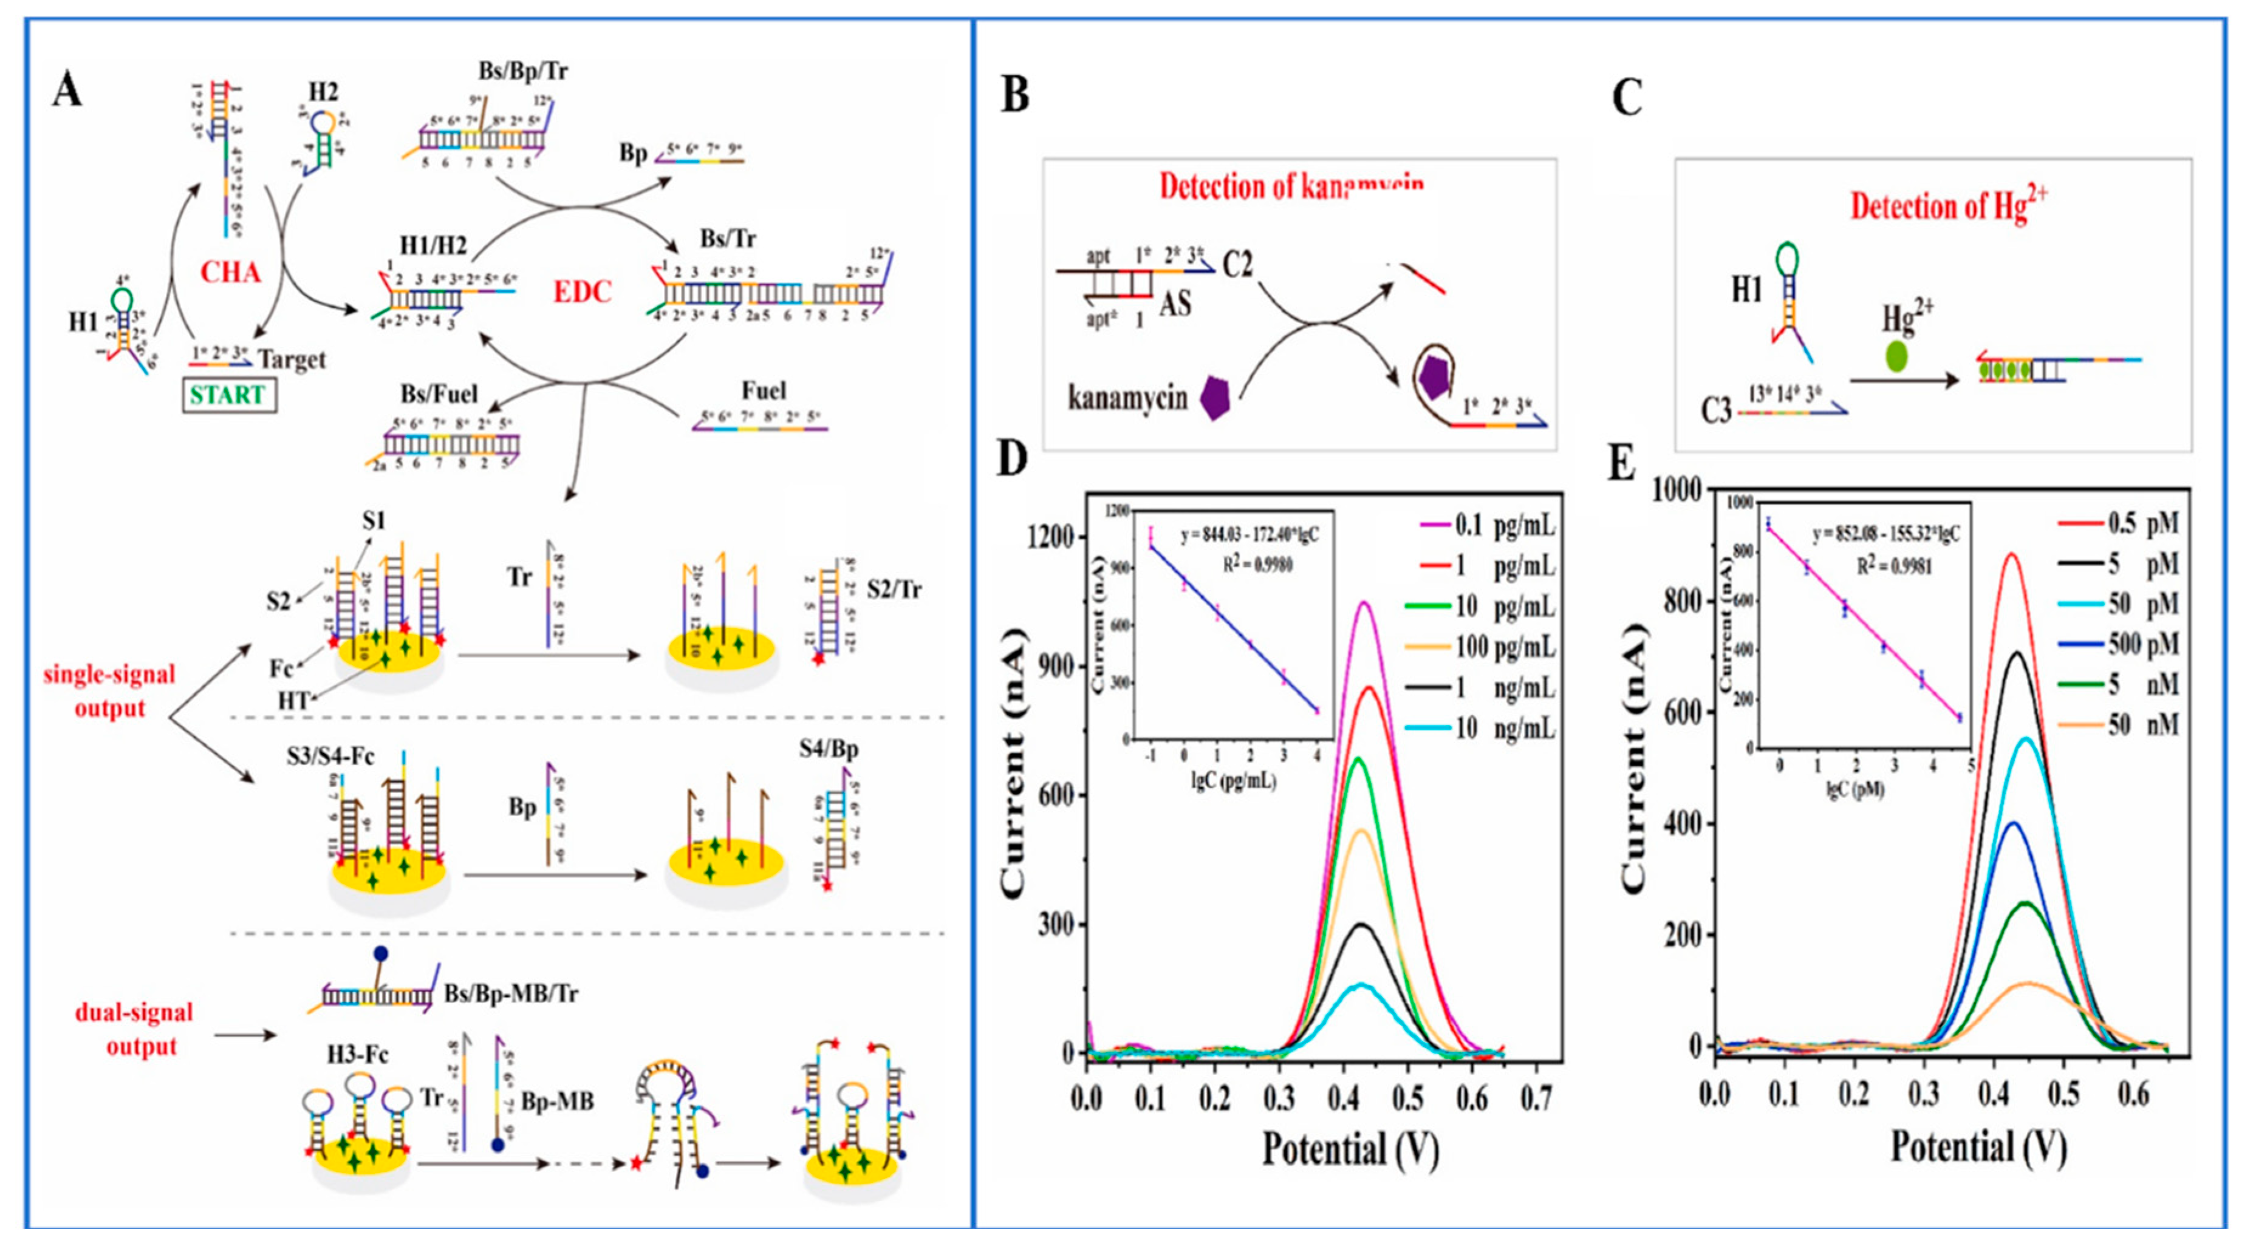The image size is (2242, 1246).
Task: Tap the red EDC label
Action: pyautogui.click(x=583, y=292)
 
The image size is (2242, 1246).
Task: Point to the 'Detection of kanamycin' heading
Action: pyautogui.click(x=1291, y=187)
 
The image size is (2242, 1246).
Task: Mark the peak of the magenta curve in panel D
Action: pyautogui.click(x=1364, y=602)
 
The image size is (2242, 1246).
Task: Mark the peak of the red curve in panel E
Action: pyautogui.click(x=2011, y=553)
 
